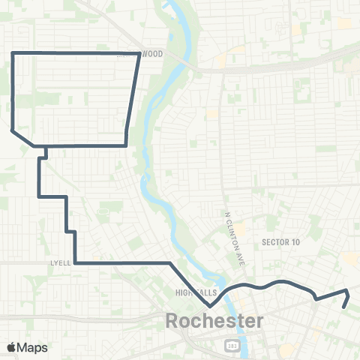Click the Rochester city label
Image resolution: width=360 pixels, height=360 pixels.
coord(214,321)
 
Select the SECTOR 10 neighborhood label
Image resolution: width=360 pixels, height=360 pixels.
coord(281,241)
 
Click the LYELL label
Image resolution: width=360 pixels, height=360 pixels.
coord(60,263)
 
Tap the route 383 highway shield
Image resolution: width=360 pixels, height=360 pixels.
coord(232,344)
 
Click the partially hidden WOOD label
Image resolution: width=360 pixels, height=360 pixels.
coord(151,54)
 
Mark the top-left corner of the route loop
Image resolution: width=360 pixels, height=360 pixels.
coord(13,53)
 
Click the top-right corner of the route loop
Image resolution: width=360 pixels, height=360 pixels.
coord(140,53)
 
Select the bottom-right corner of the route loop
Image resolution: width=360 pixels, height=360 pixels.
coord(125,144)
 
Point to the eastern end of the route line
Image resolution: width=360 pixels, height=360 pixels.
coord(343,307)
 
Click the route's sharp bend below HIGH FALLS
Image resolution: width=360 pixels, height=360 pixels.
coord(211,306)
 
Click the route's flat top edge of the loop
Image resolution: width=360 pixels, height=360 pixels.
coord(75,53)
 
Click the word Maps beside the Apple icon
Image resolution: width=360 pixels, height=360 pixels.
coord(33,347)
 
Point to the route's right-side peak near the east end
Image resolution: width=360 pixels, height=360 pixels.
coord(347,290)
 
